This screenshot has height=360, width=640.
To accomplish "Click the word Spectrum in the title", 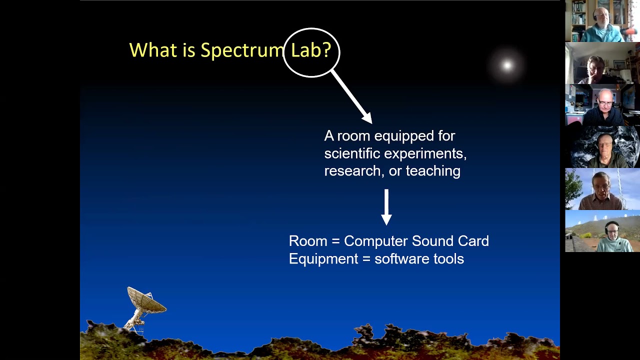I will pyautogui.click(x=242, y=50).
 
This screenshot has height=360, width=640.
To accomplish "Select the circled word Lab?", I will pyautogui.click(x=311, y=51).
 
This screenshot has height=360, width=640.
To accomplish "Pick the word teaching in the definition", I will pyautogui.click(x=433, y=171).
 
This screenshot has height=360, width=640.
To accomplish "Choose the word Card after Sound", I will pyautogui.click(x=472, y=241).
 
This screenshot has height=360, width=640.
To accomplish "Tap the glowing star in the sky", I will pyautogui.click(x=507, y=65).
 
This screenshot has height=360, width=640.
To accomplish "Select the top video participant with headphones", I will pyautogui.click(x=602, y=21).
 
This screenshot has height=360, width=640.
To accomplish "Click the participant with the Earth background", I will pyautogui.click(x=602, y=147).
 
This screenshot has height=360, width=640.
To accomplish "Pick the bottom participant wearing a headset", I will pyautogui.click(x=602, y=231).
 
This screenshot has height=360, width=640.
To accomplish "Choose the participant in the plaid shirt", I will pyautogui.click(x=602, y=189).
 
